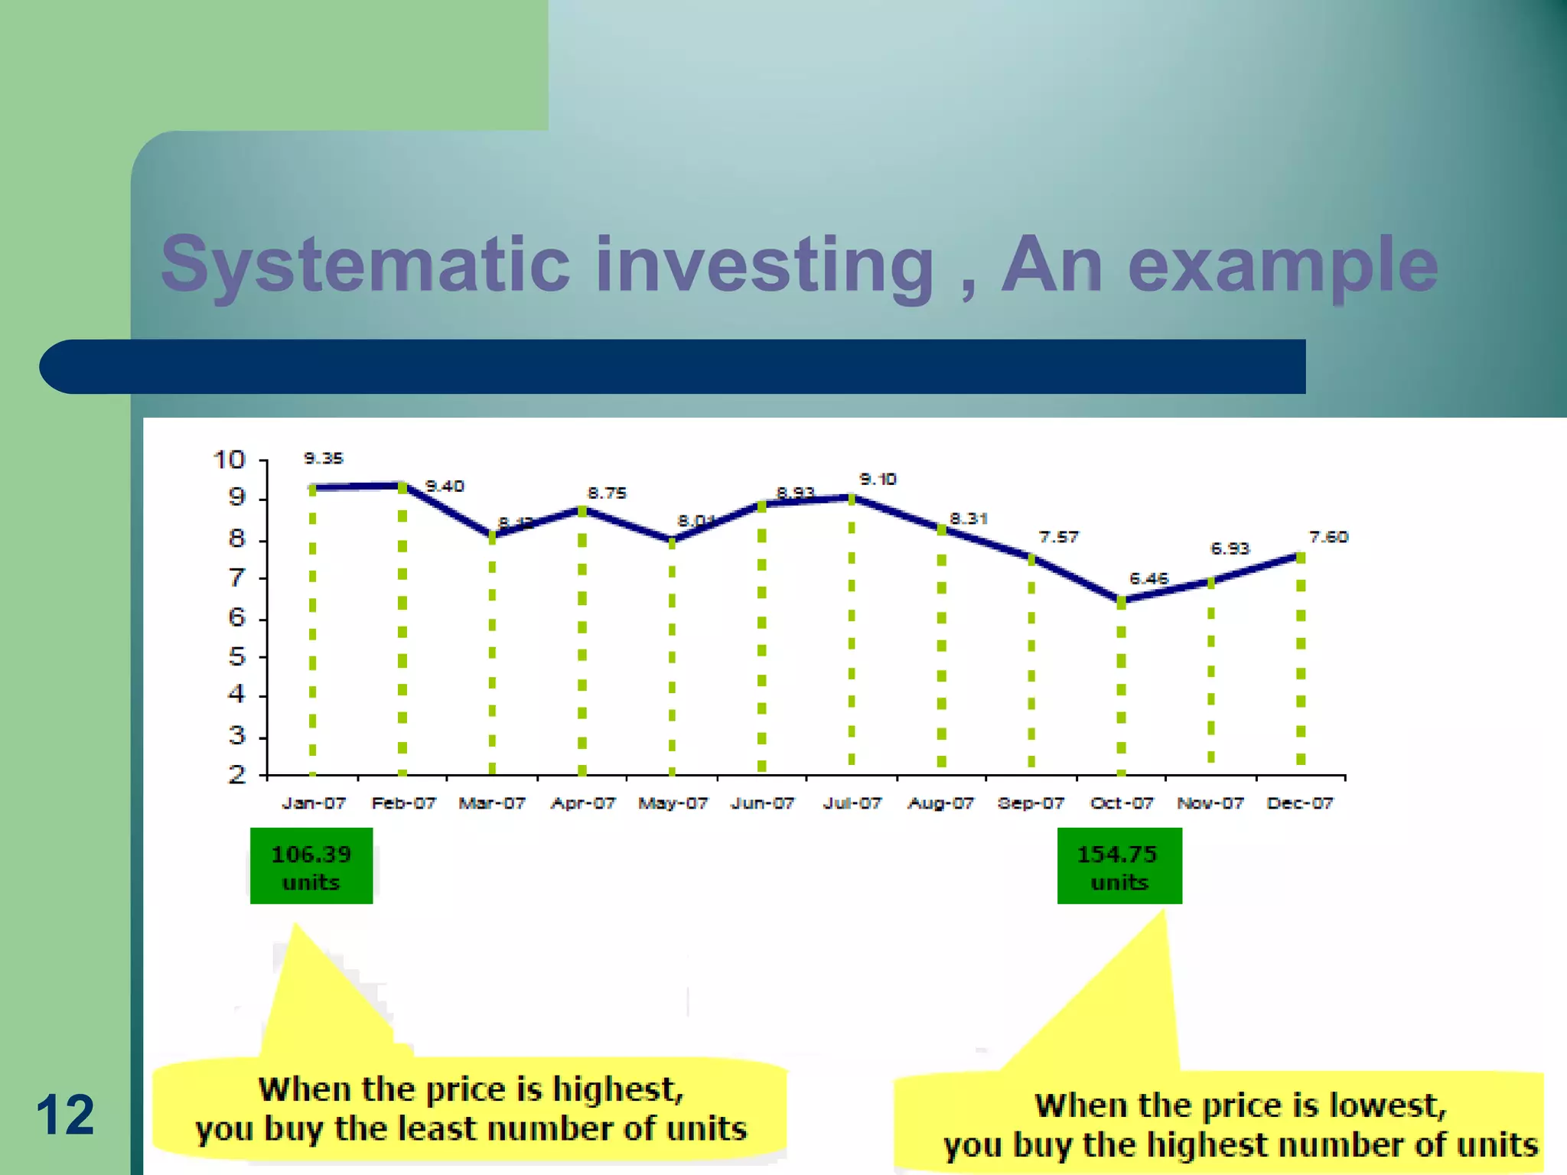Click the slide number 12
[x=65, y=1115]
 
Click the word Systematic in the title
[x=365, y=265]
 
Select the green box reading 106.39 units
[x=311, y=866]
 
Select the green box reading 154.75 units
[x=1119, y=866]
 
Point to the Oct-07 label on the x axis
[x=1121, y=803]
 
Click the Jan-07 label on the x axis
[x=314, y=803]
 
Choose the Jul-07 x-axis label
[x=852, y=803]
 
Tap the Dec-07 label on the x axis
[x=1300, y=803]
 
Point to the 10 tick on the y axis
[x=228, y=460]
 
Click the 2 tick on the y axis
[x=237, y=775]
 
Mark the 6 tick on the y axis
[x=237, y=617]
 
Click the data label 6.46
[x=1148, y=579]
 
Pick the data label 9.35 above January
[x=324, y=458]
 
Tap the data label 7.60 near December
[x=1328, y=537]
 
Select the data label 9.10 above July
[x=878, y=480]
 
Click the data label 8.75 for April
[x=607, y=493]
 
